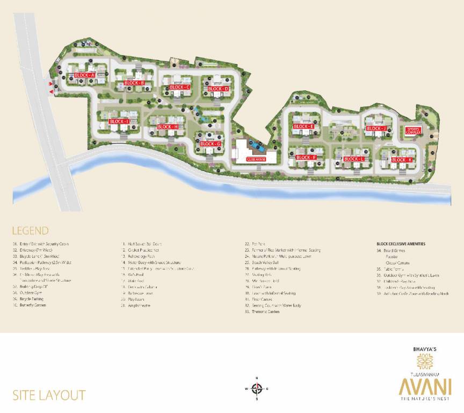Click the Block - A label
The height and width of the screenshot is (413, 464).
84,75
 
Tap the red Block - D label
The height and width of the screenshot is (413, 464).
218,89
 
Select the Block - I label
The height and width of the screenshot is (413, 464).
119,122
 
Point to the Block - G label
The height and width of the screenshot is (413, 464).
211,144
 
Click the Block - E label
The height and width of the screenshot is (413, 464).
303,127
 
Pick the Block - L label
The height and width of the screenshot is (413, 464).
354,159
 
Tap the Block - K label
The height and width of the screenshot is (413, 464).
402,160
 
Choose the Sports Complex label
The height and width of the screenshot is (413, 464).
413,130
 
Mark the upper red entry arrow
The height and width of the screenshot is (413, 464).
52,84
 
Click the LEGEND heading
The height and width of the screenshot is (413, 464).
30,231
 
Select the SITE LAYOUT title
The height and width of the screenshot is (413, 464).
49,395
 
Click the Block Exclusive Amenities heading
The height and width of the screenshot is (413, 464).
401,244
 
